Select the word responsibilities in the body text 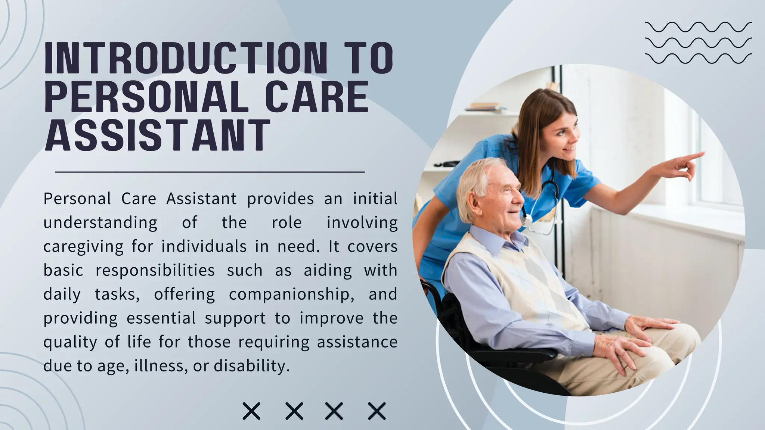click(x=155, y=270)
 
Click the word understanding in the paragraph click(x=100, y=223)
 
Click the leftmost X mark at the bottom click(x=251, y=411)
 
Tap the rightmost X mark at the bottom click(x=377, y=411)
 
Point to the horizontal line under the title click(x=210, y=172)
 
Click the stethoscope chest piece click(x=527, y=221)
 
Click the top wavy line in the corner click(x=698, y=27)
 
